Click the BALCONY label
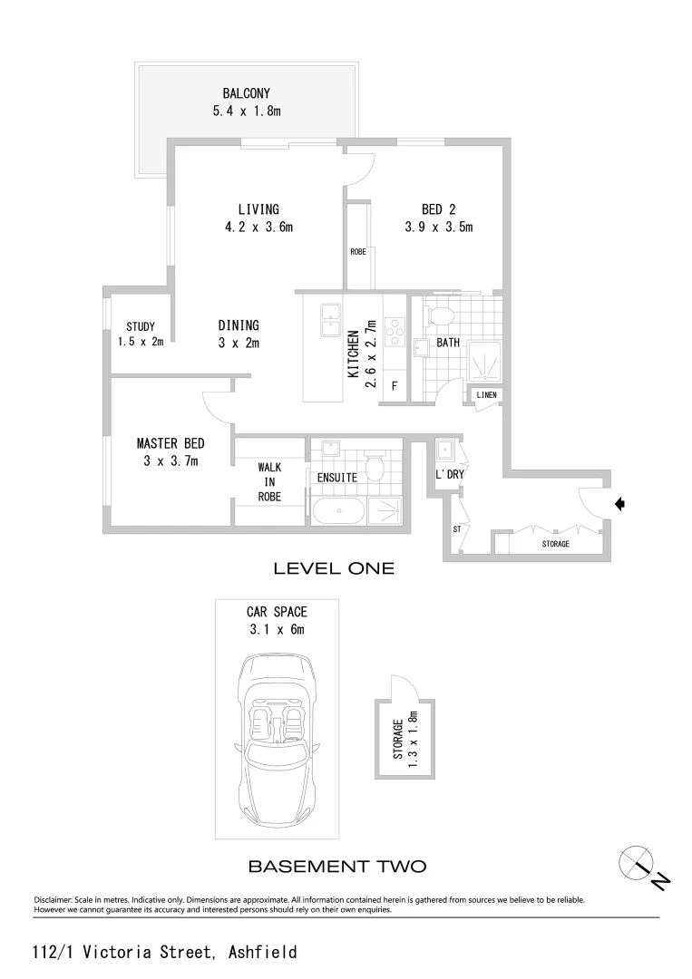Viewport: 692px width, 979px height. (248, 93)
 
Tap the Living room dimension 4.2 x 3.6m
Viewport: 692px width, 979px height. (258, 228)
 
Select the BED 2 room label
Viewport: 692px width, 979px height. (439, 209)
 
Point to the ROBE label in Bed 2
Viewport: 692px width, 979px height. (358, 252)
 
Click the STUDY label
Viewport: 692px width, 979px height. (141, 326)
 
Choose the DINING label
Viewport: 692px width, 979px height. (239, 325)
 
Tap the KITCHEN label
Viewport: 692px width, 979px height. (352, 354)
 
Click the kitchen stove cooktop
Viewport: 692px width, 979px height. (395, 333)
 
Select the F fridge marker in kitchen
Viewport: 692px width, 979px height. (395, 385)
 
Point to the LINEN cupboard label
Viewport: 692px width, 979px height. (486, 395)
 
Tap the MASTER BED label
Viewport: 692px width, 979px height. (171, 444)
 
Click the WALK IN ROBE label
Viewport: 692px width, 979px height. (269, 481)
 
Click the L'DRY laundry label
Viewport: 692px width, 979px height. (450, 474)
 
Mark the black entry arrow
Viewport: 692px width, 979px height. (619, 504)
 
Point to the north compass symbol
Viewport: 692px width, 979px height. (635, 860)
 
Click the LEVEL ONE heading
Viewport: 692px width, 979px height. (334, 569)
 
